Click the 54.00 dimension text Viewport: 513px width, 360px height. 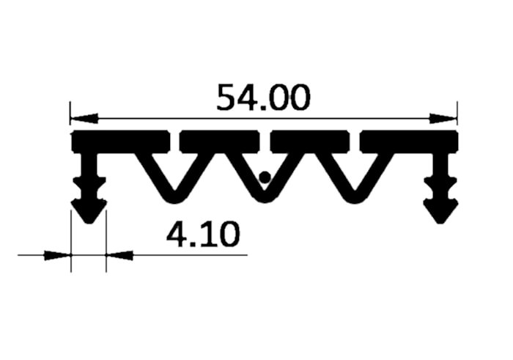[x=263, y=97]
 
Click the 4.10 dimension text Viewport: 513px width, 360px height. [x=203, y=234]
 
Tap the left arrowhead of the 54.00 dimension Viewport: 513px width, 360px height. [x=84, y=118]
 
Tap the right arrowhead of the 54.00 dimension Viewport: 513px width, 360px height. [x=443, y=119]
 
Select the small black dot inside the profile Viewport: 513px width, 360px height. [x=265, y=177]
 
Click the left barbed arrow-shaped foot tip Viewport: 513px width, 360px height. [x=89, y=224]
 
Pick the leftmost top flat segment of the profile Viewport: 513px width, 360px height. [x=121, y=142]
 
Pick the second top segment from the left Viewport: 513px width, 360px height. [x=220, y=142]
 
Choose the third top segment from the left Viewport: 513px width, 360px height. [x=310, y=142]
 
